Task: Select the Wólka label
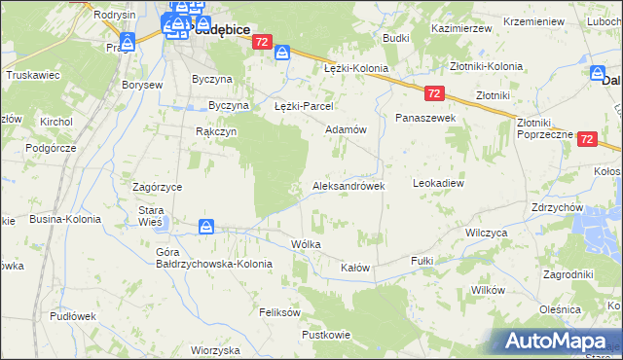click(306, 244)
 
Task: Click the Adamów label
click(345, 129)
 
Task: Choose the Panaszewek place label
click(425, 117)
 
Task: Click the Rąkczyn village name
click(216, 132)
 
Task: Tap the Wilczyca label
click(487, 234)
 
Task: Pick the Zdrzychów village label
click(557, 208)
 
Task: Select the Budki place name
click(395, 38)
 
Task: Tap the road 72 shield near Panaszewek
click(434, 92)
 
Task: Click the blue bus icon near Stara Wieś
click(206, 227)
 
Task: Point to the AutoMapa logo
click(557, 341)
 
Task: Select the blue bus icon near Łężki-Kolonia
click(283, 54)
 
